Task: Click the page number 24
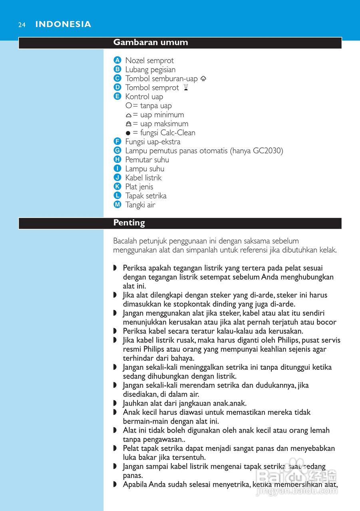pos(22,25)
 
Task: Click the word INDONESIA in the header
pos(63,24)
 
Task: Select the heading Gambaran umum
pos(150,42)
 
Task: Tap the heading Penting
pos(129,223)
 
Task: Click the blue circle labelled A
pos(117,60)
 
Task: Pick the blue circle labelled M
pos(117,205)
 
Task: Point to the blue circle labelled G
pos(117,151)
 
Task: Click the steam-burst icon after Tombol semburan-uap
pos(203,79)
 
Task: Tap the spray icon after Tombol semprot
pos(185,87)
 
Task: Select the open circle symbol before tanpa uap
pos(128,106)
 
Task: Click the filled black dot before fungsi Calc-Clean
pos(128,133)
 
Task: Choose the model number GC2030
pos(267,151)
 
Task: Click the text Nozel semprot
pos(149,61)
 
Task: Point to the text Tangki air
pos(140,205)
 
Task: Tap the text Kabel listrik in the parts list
pos(143,178)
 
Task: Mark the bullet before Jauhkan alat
pos(115,404)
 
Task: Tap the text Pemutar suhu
pos(147,160)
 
